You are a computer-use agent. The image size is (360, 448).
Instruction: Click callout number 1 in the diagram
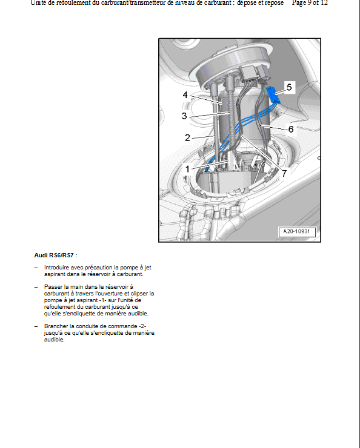pos(187,169)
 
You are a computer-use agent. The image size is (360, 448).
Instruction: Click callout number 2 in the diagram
pos(187,138)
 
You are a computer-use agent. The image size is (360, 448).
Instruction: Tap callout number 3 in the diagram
pos(184,116)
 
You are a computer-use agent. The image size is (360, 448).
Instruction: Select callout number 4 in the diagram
pos(185,95)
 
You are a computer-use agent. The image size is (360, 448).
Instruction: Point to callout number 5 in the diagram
pos(289,87)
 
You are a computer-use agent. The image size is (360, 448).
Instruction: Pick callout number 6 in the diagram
pos(291,129)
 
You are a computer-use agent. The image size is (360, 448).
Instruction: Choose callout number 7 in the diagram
pos(284,173)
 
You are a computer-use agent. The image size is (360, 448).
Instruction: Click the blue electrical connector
pos(273,95)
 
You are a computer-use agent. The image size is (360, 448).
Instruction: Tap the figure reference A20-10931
pos(297,231)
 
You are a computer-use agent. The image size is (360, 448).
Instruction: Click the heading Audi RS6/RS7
pos(56,255)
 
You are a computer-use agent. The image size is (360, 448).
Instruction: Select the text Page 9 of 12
pos(310,3)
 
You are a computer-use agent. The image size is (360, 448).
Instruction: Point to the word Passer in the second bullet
pos(53,286)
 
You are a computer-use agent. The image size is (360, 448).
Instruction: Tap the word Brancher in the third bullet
pos(56,326)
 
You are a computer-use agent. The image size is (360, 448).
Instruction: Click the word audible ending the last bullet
pos(55,340)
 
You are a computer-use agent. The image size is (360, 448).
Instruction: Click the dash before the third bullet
pos(36,326)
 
